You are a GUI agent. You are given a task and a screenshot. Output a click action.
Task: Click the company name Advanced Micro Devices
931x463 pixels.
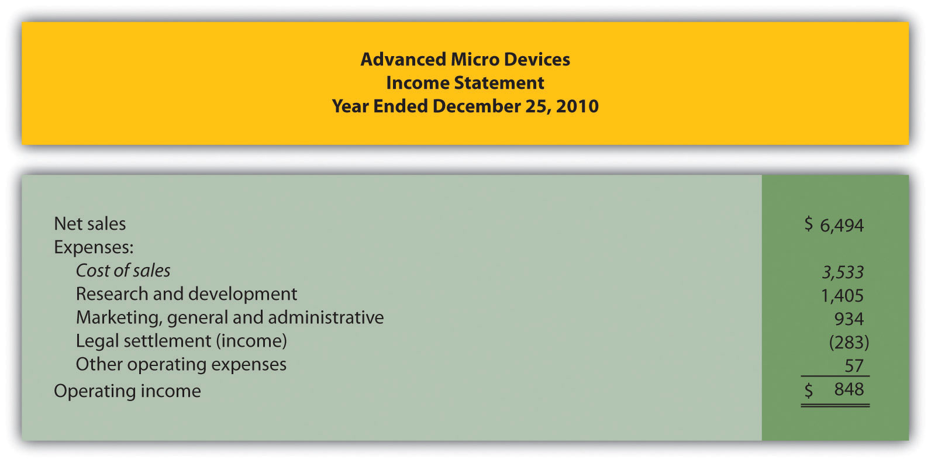click(465, 59)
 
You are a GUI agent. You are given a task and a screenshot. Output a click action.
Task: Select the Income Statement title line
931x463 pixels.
click(465, 82)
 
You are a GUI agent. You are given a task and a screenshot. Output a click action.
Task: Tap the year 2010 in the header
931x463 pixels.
click(577, 106)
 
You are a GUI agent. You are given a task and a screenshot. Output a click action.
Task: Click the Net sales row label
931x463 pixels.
click(89, 223)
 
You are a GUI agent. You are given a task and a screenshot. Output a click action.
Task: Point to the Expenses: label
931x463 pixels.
click(94, 247)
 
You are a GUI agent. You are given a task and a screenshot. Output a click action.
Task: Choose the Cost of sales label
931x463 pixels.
click(123, 270)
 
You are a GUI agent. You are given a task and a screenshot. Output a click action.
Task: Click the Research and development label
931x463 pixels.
click(187, 293)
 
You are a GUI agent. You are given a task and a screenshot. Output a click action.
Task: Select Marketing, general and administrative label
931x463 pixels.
click(230, 317)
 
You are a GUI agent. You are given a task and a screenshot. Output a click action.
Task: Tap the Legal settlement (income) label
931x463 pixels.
click(181, 341)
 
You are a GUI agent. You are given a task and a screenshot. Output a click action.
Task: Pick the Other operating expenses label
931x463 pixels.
click(181, 364)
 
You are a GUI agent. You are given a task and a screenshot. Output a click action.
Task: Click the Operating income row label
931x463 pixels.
click(127, 391)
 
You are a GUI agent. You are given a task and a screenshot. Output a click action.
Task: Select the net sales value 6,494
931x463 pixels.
click(842, 225)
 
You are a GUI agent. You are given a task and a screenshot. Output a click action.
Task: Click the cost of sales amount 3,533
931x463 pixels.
click(843, 272)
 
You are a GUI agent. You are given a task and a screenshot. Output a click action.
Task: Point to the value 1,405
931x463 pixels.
click(842, 295)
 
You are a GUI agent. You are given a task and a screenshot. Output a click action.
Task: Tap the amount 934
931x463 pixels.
click(849, 319)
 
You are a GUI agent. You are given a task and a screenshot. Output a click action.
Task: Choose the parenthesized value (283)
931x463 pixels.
click(849, 342)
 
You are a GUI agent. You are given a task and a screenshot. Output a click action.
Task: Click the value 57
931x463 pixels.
click(854, 365)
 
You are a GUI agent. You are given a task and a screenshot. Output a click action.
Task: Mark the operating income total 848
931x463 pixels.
click(849, 389)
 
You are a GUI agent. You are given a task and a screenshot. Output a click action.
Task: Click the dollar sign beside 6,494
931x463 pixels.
click(808, 223)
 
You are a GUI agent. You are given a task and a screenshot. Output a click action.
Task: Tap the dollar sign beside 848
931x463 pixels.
click(808, 390)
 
